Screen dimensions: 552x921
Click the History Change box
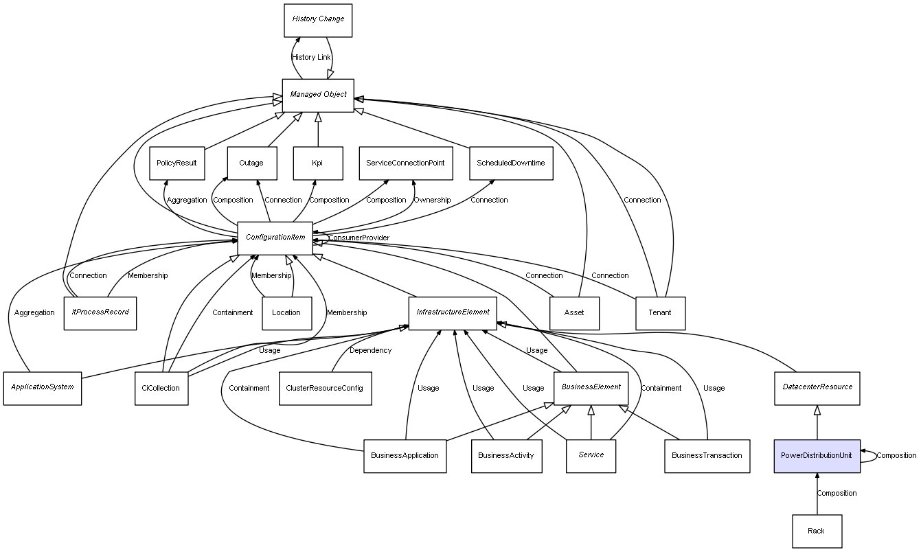pos(318,20)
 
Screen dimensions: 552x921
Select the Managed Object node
pos(318,95)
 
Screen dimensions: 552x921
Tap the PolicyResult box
pos(177,163)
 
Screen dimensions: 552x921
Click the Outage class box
pos(251,163)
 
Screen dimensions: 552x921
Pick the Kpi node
pos(317,163)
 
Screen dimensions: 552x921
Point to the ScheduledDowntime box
pos(510,163)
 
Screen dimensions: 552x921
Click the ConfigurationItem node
pos(275,238)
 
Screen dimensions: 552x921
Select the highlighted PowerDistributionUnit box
pos(817,456)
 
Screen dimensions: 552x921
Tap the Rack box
pos(817,531)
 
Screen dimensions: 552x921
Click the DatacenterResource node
pos(817,387)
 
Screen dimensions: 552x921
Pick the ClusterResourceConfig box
pos(325,389)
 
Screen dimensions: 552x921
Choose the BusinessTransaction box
pos(707,456)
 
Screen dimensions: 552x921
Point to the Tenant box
pos(660,313)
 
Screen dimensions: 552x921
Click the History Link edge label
pos(311,58)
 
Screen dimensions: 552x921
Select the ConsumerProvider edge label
pos(359,238)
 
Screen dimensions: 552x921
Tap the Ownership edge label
pos(432,200)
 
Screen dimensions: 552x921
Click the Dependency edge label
pos(371,351)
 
